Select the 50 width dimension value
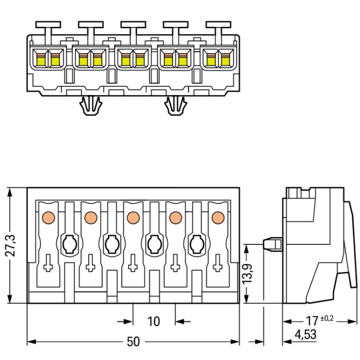pyautogui.click(x=133, y=342)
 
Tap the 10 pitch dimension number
pyautogui.click(x=154, y=321)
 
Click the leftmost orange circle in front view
pyautogui.click(x=48, y=217)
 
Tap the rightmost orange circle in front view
pyautogui.click(x=218, y=217)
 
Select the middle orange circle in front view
pyautogui.click(x=133, y=217)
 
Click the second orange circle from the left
pyautogui.click(x=90, y=217)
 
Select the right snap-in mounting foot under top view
pyautogui.click(x=176, y=105)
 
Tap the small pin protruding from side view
pyautogui.click(x=273, y=244)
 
